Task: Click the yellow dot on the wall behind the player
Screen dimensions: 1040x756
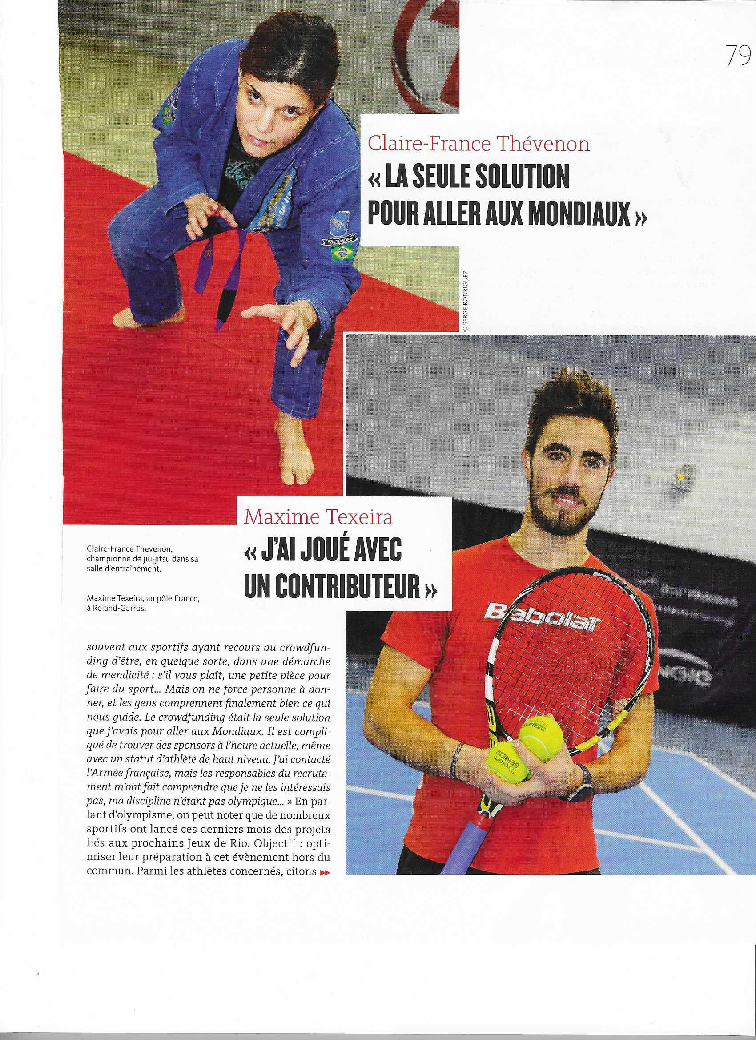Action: pyautogui.click(x=681, y=477)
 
